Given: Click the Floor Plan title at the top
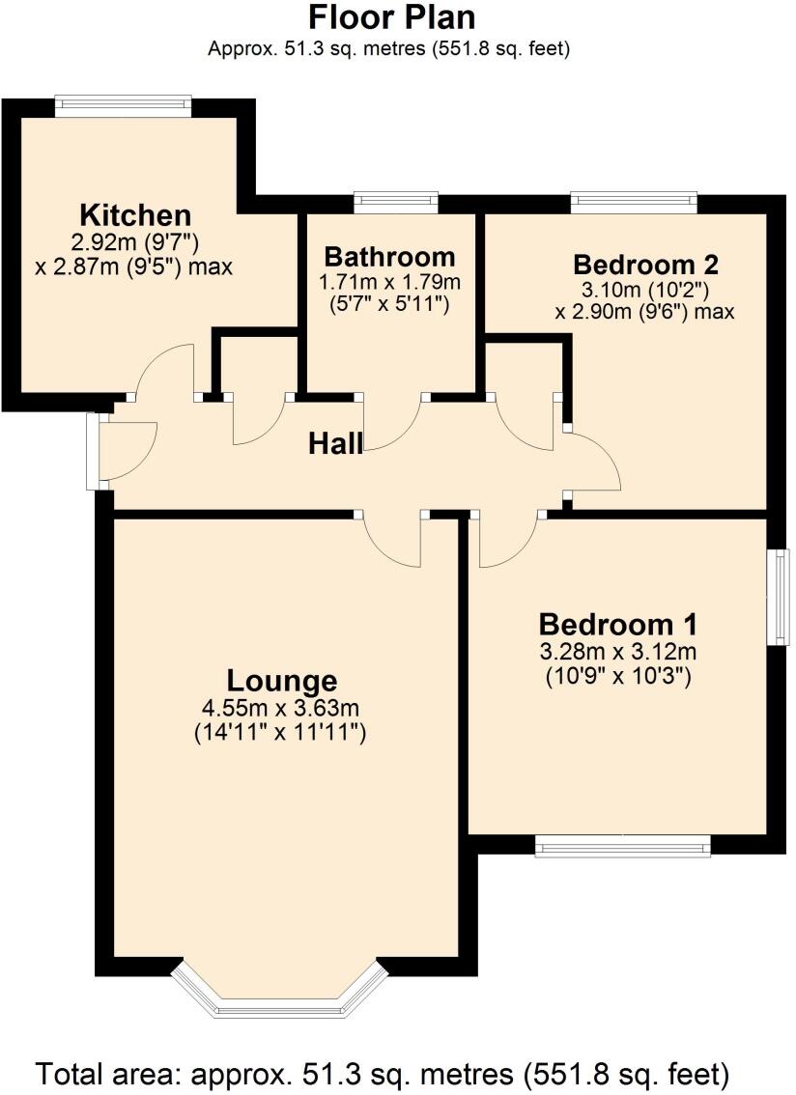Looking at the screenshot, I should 391,17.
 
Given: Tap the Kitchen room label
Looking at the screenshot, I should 134,214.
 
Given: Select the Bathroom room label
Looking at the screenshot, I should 389,257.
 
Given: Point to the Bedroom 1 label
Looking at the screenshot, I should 618,623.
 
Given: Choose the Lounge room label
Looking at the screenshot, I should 282,680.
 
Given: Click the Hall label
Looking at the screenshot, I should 335,444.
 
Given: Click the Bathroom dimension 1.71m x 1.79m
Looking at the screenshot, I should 389,283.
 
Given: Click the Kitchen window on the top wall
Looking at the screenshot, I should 123,106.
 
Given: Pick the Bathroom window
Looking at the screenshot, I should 395,202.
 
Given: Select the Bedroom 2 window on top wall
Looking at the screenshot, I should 634,202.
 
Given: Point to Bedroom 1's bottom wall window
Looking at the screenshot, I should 622,847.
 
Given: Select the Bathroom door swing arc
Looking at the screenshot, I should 391,425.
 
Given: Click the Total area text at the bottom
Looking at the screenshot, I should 382,1073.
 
